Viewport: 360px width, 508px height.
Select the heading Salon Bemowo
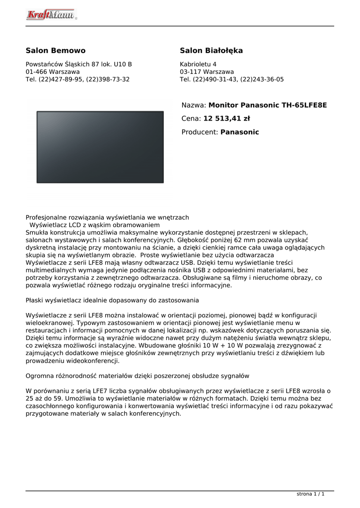56,51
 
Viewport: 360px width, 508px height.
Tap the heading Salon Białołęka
211,51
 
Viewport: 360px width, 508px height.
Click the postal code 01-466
36,72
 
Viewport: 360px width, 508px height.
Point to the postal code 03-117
190,72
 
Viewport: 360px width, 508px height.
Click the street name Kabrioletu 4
198,64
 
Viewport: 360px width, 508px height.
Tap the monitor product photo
100,147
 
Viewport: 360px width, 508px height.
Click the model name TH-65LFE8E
304,105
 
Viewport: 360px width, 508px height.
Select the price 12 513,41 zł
226,119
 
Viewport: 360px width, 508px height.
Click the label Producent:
200,132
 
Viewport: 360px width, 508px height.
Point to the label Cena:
191,119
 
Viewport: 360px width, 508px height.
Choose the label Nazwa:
194,105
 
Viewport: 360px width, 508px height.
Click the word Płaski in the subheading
35,300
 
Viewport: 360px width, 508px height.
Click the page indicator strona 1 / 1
310,494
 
